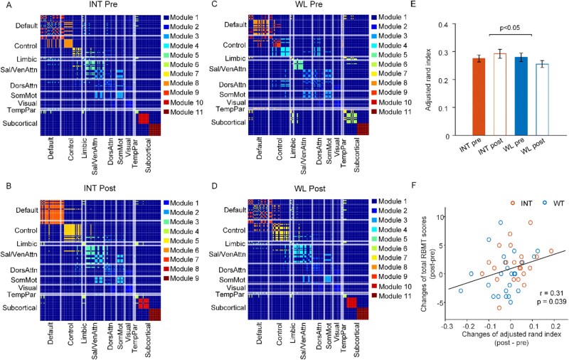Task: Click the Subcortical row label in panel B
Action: coord(21,308)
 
